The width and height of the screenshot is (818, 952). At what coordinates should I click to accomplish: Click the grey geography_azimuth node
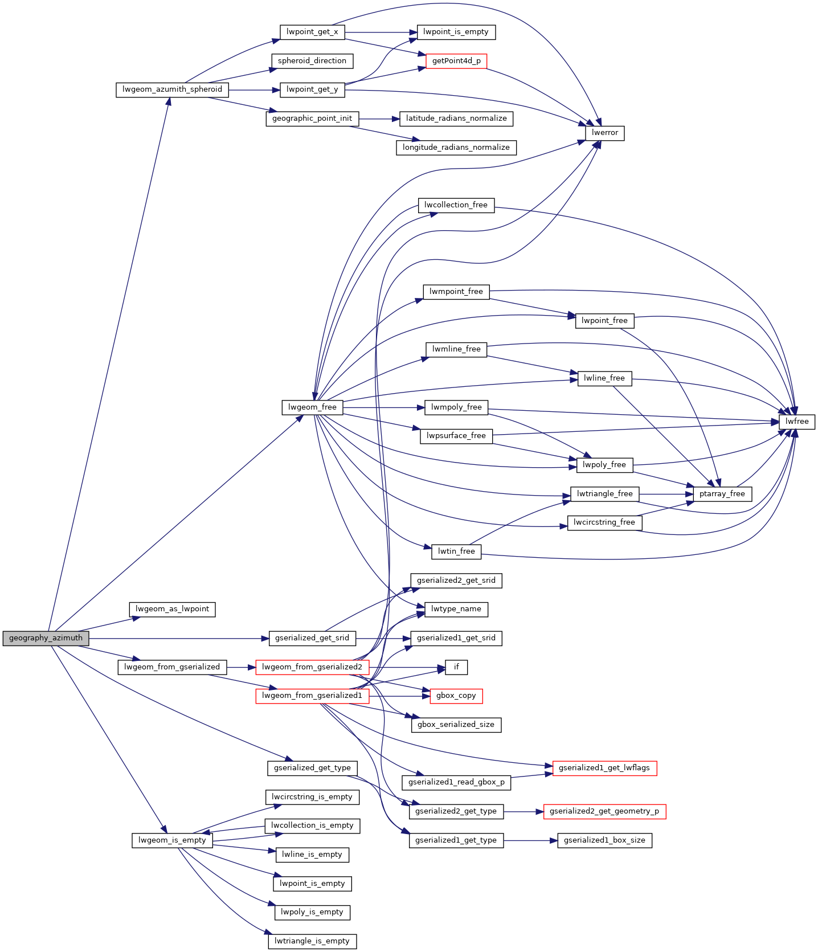point(46,638)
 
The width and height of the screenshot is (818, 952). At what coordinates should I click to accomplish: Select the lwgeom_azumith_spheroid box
point(172,89)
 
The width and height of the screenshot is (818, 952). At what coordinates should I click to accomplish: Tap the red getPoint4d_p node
point(456,61)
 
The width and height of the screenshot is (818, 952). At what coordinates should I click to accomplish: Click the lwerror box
point(605,133)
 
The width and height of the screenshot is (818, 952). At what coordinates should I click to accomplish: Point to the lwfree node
point(797,422)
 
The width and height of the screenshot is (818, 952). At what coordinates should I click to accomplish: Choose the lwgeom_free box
point(312,407)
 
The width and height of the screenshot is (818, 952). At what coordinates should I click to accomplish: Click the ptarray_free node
point(722,494)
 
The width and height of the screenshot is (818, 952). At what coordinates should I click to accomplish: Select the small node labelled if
point(456,667)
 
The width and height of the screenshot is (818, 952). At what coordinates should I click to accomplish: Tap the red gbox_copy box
point(456,696)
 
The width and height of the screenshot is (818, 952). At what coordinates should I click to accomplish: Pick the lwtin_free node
point(456,551)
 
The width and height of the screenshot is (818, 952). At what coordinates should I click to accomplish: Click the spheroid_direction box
point(312,61)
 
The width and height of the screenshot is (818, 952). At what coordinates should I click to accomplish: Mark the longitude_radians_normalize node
point(456,148)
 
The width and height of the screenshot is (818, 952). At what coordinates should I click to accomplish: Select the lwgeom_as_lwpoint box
point(172,609)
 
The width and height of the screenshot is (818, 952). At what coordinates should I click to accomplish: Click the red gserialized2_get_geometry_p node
point(604,811)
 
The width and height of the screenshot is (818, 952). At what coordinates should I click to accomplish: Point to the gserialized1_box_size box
point(604,840)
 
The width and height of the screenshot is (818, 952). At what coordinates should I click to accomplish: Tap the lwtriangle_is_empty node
point(312,941)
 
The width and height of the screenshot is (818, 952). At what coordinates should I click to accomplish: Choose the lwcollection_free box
point(456,205)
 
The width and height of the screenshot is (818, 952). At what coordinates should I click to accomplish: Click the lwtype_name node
point(456,609)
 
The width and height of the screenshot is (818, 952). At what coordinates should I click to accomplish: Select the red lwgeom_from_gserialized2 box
point(312,667)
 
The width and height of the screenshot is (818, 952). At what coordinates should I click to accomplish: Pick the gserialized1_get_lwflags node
point(604,768)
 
